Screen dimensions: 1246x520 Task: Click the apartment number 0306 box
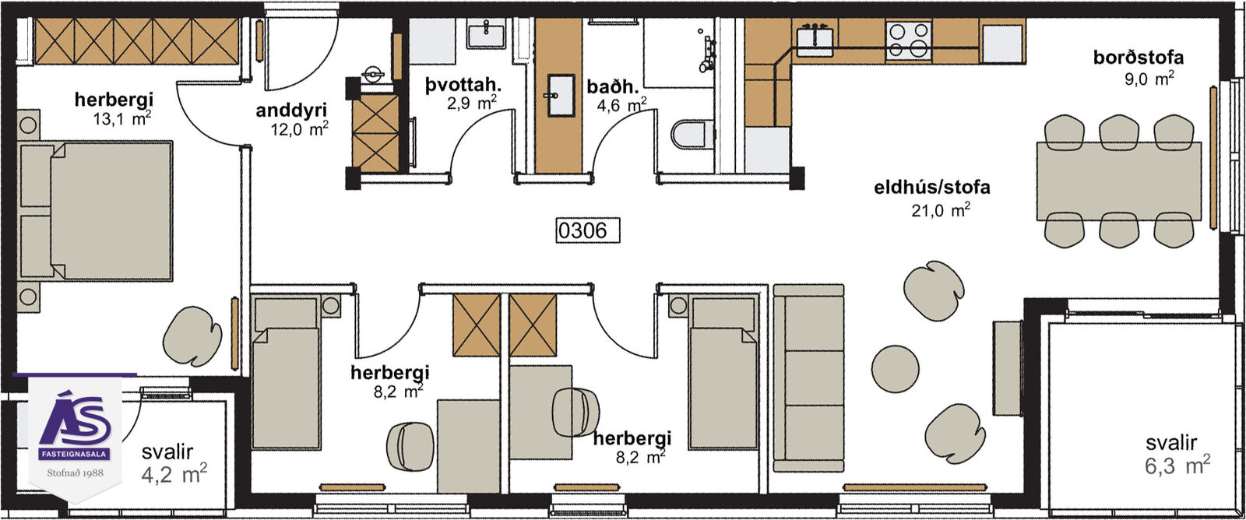[587, 230]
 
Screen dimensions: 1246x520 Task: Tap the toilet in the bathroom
[692, 134]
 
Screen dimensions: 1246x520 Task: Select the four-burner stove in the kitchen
[909, 40]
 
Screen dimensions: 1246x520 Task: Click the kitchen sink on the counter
[815, 40]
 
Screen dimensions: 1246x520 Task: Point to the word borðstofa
[1138, 58]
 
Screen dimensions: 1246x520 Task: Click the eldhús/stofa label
[931, 187]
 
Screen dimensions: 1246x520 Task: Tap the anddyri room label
[291, 110]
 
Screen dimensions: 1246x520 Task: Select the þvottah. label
[463, 85]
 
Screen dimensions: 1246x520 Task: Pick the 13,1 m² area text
[122, 118]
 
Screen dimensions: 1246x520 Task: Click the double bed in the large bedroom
[96, 211]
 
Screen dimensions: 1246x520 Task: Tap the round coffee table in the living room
[895, 369]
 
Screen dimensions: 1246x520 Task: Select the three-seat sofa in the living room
[809, 378]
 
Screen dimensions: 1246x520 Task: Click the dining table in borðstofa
[1118, 181]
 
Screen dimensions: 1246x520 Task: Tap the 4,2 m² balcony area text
[174, 474]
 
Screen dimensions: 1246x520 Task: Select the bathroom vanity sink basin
[560, 95]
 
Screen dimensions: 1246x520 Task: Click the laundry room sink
[486, 34]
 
